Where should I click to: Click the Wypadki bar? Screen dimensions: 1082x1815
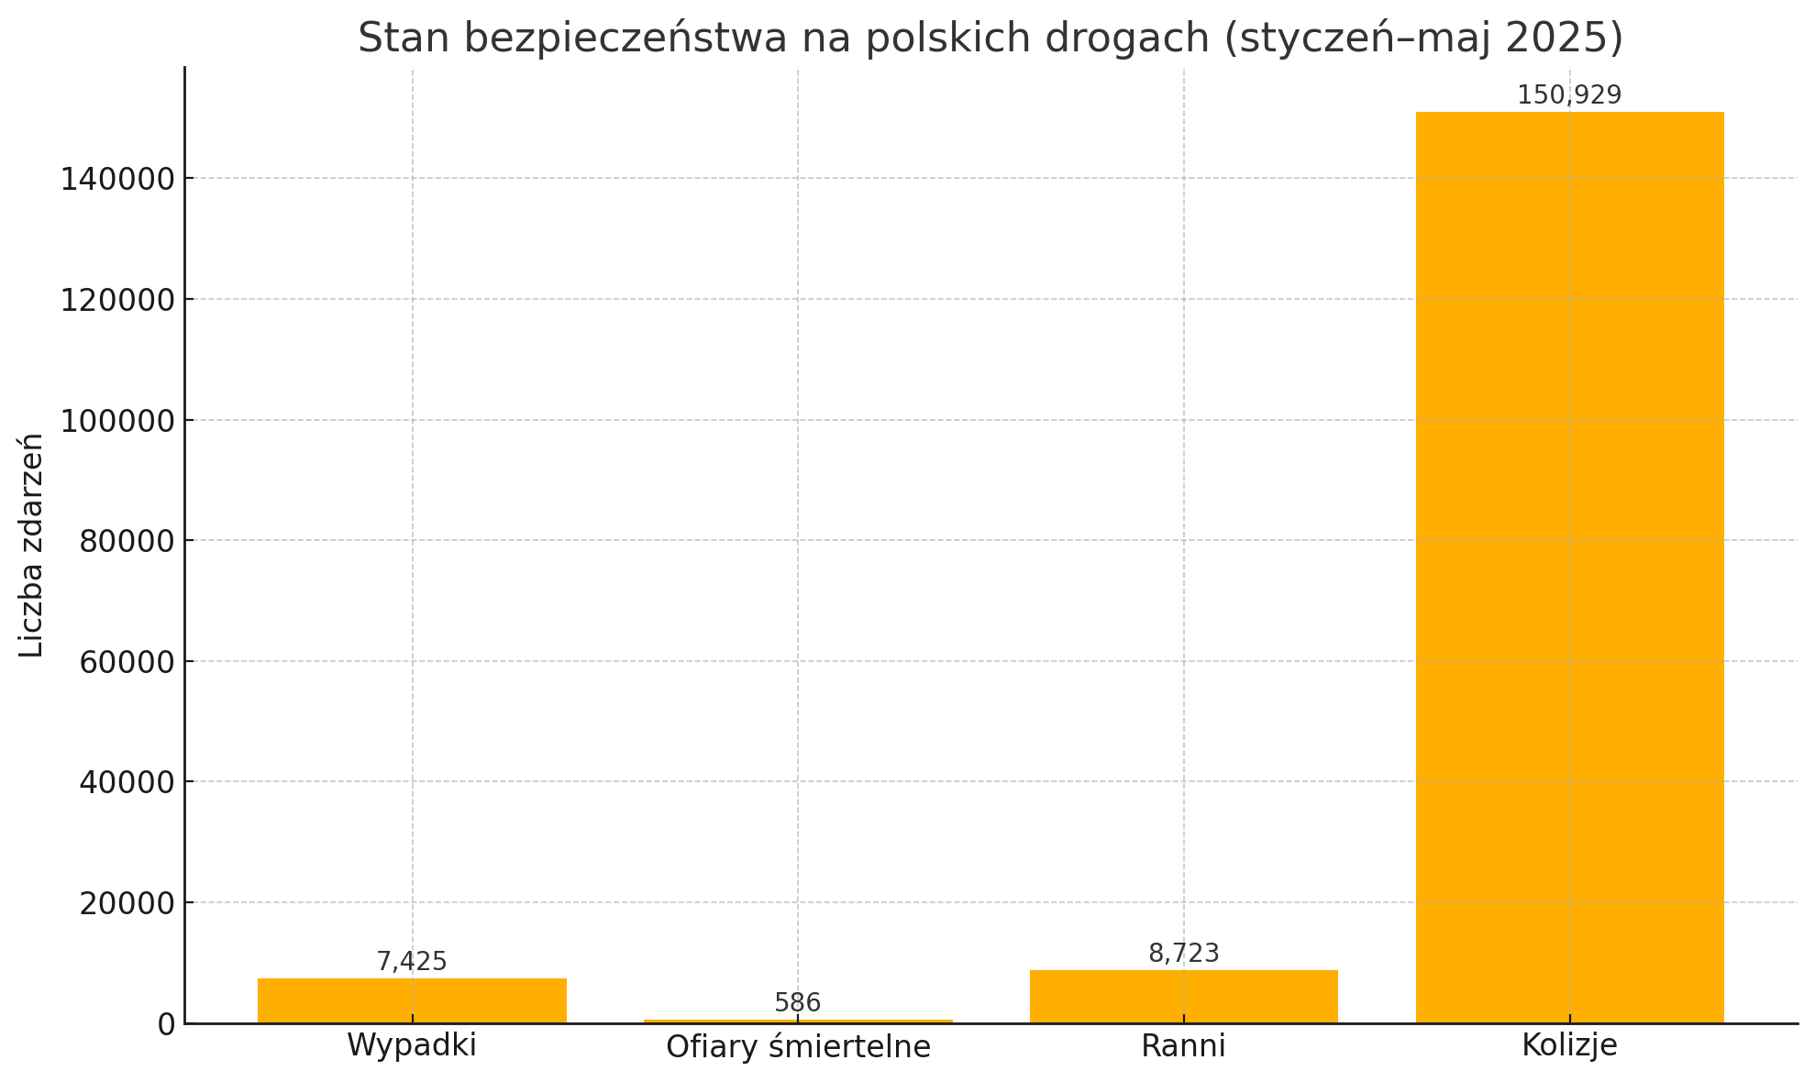[x=412, y=1000]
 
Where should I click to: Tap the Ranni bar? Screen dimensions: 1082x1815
[x=1183, y=997]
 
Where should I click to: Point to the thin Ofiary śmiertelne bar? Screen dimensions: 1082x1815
[x=798, y=1021]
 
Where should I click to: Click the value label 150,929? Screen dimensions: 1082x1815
[x=1569, y=95]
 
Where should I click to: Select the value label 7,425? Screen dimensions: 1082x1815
[x=412, y=962]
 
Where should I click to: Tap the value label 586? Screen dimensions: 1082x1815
[x=798, y=1003]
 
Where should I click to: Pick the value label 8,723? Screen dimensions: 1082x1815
[x=1184, y=954]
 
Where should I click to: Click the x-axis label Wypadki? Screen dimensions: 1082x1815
[x=412, y=1045]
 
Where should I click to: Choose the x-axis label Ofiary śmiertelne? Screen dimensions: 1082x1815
[x=798, y=1046]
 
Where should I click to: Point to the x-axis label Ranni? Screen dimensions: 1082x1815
[x=1183, y=1045]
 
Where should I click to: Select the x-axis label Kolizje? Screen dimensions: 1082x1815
[x=1569, y=1045]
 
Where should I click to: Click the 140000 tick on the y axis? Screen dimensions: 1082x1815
[x=117, y=179]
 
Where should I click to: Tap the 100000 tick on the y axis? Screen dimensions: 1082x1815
[x=117, y=421]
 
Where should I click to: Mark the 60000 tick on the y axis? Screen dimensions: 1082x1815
[x=127, y=662]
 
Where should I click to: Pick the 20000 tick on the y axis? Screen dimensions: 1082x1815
[x=127, y=903]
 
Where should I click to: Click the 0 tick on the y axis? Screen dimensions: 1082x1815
[x=166, y=1024]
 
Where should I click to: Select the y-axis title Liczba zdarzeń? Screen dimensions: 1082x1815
[x=32, y=545]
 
